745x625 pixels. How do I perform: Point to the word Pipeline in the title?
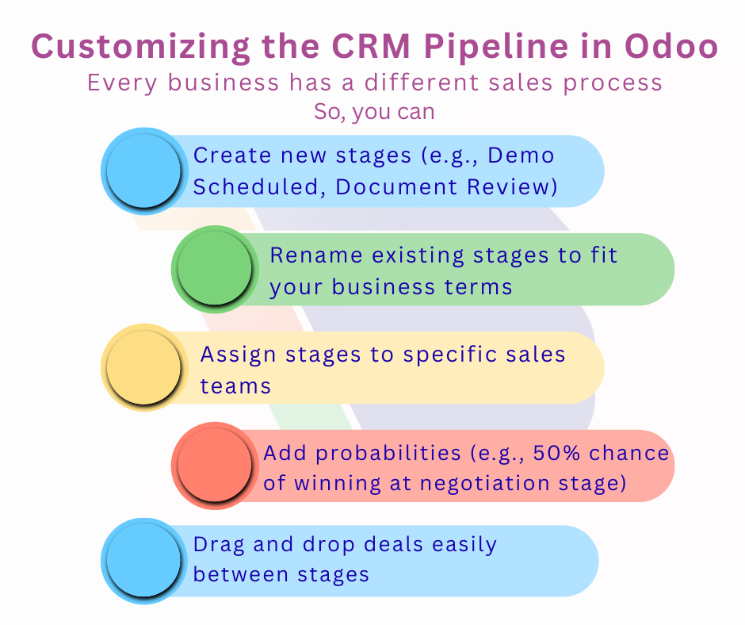click(x=470, y=47)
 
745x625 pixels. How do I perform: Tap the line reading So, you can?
click(x=374, y=111)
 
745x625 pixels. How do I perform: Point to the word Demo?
click(x=521, y=155)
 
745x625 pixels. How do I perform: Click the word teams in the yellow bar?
click(x=235, y=385)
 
